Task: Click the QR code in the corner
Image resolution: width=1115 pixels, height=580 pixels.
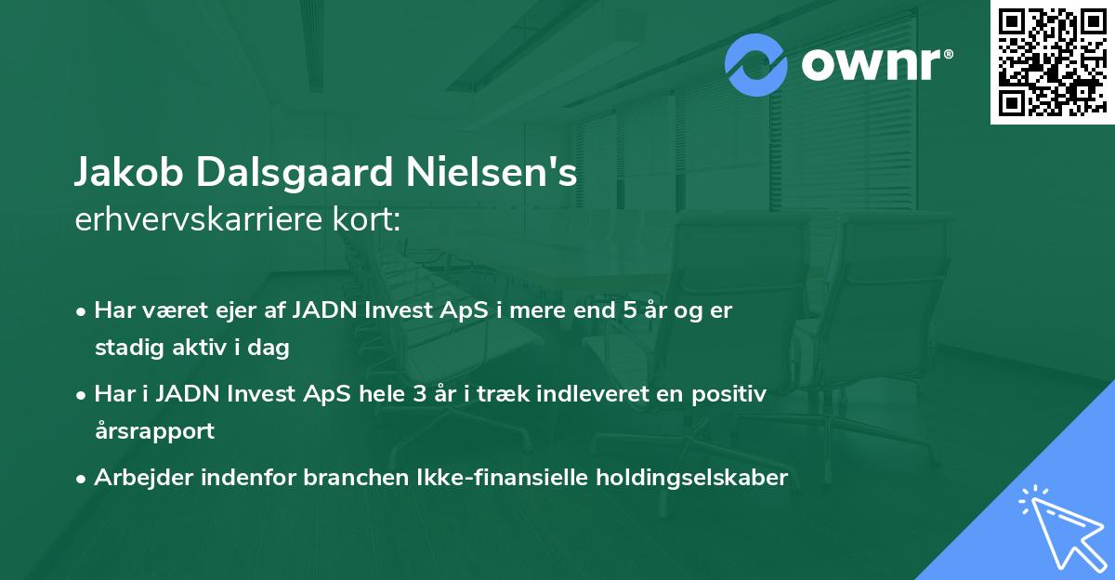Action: point(1053,62)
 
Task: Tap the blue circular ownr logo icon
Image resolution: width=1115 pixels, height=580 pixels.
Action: point(756,65)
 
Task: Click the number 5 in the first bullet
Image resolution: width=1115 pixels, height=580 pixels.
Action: point(631,310)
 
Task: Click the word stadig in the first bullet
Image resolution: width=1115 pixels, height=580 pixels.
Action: point(125,348)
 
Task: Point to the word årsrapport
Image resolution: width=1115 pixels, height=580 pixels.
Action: point(154,431)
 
